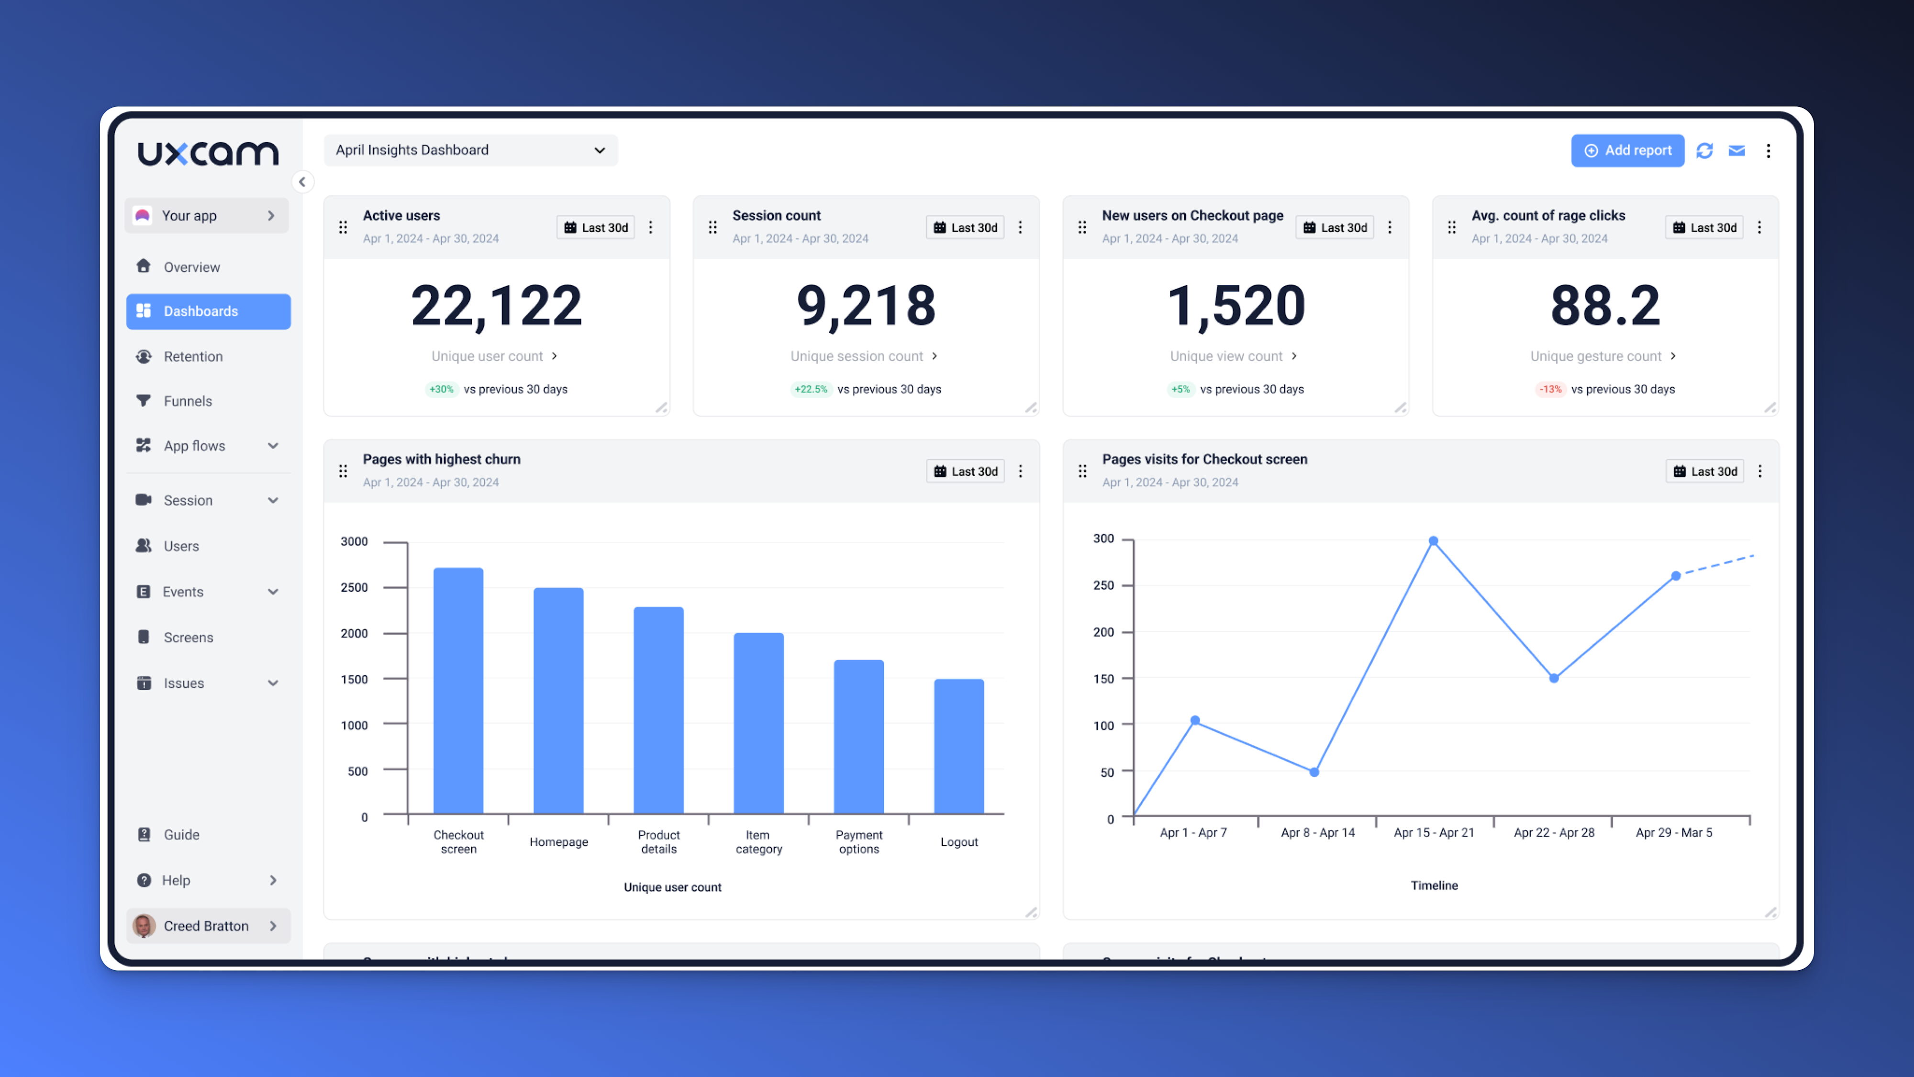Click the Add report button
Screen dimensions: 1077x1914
coord(1627,151)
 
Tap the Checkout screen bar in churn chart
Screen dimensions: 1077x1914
coord(458,691)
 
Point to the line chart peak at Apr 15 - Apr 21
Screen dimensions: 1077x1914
coord(1433,541)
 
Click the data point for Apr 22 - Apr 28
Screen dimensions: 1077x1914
coord(1554,678)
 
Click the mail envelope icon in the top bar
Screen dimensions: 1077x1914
coord(1736,151)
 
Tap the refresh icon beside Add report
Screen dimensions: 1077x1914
coord(1704,151)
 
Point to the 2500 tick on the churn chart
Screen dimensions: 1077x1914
coord(355,587)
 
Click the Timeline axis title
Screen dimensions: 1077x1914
coord(1434,885)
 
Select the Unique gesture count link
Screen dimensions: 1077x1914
coord(1595,357)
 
